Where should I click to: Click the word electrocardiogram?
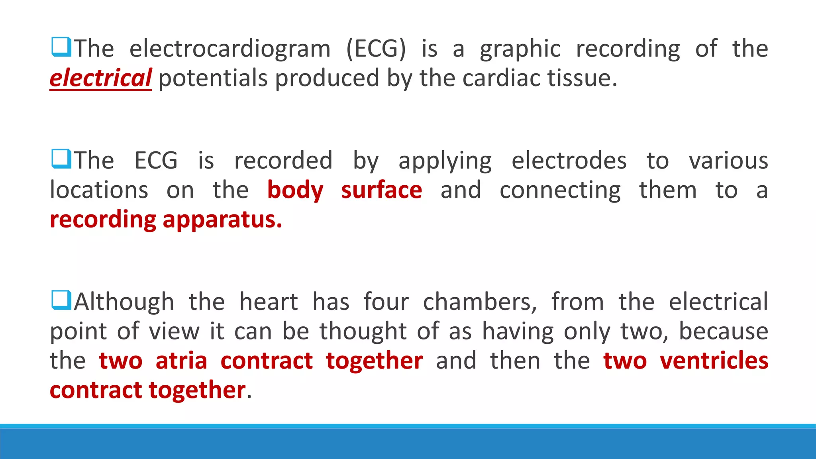(x=230, y=49)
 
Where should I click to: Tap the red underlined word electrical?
(x=100, y=78)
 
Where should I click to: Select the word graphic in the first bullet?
(x=520, y=49)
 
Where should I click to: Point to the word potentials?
(x=213, y=78)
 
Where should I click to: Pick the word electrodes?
(x=569, y=161)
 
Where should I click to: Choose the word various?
(x=728, y=161)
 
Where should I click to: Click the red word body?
(x=295, y=190)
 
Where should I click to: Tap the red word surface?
(x=381, y=190)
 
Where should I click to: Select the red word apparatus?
(x=222, y=220)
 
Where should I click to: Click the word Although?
(x=124, y=302)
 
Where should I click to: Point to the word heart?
(x=269, y=302)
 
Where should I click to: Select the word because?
(x=723, y=331)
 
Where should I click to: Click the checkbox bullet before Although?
(x=61, y=300)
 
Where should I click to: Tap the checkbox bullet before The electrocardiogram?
(x=61, y=47)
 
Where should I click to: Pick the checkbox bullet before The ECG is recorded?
(x=61, y=159)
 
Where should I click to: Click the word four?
(x=386, y=302)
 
